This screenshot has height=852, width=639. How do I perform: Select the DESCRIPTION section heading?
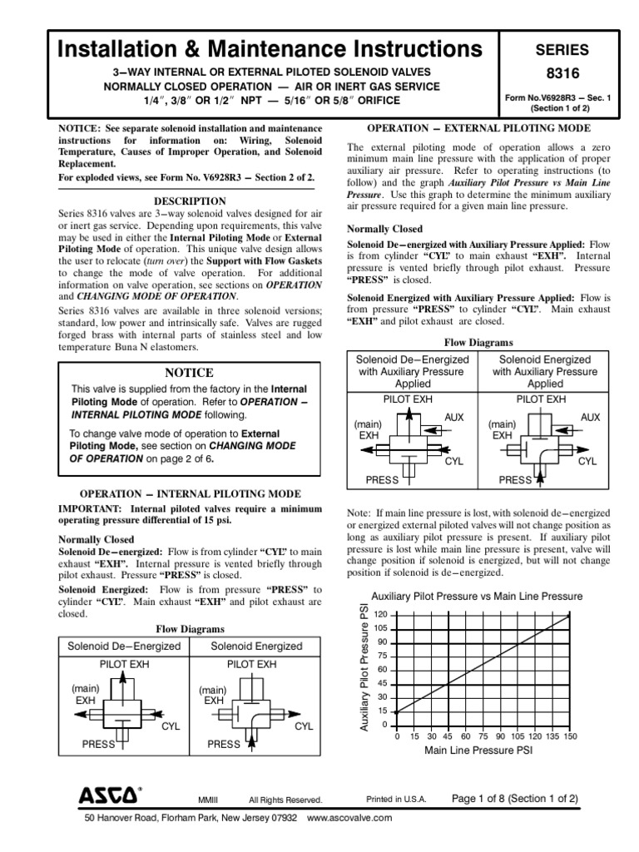point(190,201)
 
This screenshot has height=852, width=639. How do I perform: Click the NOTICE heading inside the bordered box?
point(190,373)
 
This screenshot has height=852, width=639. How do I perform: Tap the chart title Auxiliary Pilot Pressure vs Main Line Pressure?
point(477,597)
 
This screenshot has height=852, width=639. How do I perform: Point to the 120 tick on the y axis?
point(382,614)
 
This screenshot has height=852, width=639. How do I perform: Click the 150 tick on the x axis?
point(570,736)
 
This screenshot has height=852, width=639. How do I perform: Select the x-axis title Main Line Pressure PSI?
point(478,750)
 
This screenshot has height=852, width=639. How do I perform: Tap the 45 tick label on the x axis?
point(448,736)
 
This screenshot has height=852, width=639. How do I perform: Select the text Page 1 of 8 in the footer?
point(478,799)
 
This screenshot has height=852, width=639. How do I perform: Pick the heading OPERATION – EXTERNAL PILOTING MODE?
point(479,128)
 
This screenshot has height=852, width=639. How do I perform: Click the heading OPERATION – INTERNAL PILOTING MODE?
point(190,493)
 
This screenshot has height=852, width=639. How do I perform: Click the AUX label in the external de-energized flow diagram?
point(454,415)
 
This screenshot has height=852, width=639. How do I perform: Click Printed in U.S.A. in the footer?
point(396,800)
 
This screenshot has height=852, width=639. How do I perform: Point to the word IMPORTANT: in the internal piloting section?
point(87,508)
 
